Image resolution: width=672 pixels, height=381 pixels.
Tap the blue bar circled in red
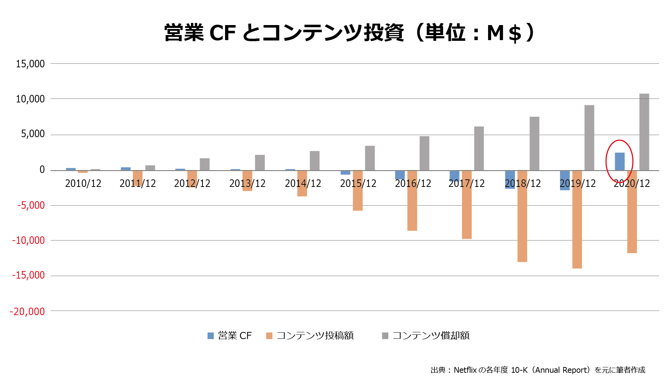[x=619, y=161]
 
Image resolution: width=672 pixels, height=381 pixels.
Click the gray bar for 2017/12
[x=479, y=148]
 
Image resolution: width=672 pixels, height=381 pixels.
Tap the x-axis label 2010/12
[x=83, y=183]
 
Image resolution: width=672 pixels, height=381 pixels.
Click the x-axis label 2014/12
[x=303, y=183]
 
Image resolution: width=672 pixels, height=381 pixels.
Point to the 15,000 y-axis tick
[x=30, y=64]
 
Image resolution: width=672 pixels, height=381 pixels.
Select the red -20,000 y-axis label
[x=28, y=311]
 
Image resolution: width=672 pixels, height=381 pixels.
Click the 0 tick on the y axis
[x=42, y=170]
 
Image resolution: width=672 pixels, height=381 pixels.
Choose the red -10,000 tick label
[x=29, y=240]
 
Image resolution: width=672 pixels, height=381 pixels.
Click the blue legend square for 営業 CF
[x=210, y=336]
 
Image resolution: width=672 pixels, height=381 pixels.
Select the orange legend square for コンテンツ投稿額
[x=269, y=336]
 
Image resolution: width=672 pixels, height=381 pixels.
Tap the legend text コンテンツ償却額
[x=431, y=336]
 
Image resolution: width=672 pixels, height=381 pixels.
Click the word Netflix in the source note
[x=465, y=370]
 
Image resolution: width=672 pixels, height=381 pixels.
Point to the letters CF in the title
[x=222, y=33]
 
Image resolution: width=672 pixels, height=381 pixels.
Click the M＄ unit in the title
[x=504, y=33]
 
